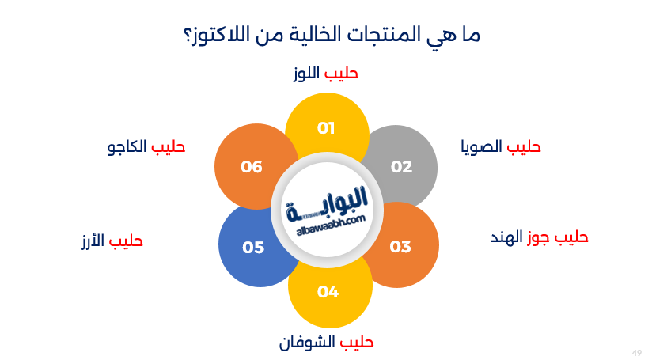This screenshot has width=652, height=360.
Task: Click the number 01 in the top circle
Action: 326,127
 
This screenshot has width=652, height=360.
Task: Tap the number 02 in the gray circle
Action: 401,166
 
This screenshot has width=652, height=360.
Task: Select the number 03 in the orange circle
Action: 400,246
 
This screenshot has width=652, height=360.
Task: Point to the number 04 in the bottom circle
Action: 328,292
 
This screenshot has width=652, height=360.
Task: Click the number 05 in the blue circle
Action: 253,248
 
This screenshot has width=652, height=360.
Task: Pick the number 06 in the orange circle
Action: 252,166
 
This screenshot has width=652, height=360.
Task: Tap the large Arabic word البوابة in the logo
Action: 328,200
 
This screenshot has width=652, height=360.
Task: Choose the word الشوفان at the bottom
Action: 307,343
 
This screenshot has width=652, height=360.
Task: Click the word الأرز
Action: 93,241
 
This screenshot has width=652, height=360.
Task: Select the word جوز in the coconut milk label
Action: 540,237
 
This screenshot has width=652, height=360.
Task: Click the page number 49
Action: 637,351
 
